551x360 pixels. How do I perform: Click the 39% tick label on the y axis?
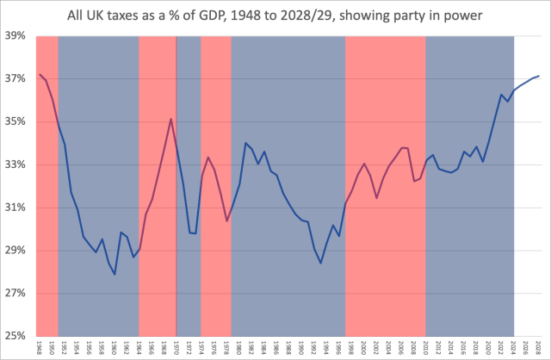coord(15,36)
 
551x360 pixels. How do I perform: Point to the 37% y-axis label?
coord(15,79)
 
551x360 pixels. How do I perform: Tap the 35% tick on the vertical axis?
coord(15,122)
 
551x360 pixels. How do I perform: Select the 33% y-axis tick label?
coord(15,164)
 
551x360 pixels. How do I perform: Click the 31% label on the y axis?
coord(15,208)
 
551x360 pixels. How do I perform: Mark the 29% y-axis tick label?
coord(15,251)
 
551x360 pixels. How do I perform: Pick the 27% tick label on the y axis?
coord(15,294)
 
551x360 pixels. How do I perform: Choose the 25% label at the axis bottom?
coord(15,336)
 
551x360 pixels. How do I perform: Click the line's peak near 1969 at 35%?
coord(171,119)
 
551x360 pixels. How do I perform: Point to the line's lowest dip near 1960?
coord(115,275)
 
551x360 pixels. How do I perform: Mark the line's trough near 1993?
coord(321,263)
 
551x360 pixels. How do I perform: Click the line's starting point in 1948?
coord(40,75)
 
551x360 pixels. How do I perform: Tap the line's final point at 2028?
coord(540,77)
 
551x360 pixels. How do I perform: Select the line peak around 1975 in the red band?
coord(208,157)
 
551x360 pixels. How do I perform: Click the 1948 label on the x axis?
coord(40,348)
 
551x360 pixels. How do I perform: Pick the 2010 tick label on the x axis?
coord(426,348)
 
